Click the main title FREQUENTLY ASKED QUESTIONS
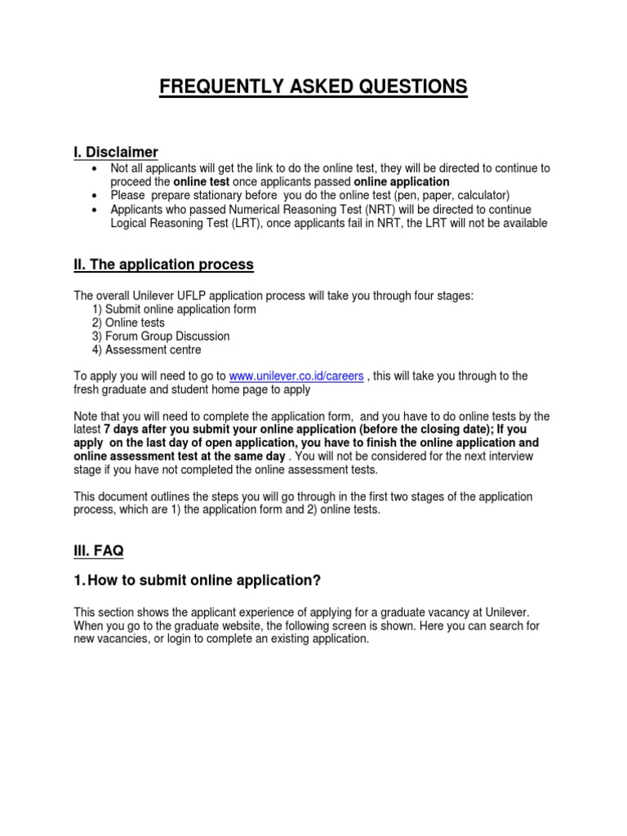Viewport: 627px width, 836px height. tap(313, 87)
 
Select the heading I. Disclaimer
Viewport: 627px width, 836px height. tap(116, 152)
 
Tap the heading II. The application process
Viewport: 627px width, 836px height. tap(164, 265)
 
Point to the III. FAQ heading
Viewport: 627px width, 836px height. tap(99, 551)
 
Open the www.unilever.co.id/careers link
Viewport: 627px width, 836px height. tap(296, 376)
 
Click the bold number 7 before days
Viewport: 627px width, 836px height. tap(108, 429)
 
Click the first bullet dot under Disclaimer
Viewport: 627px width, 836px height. tap(96, 168)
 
